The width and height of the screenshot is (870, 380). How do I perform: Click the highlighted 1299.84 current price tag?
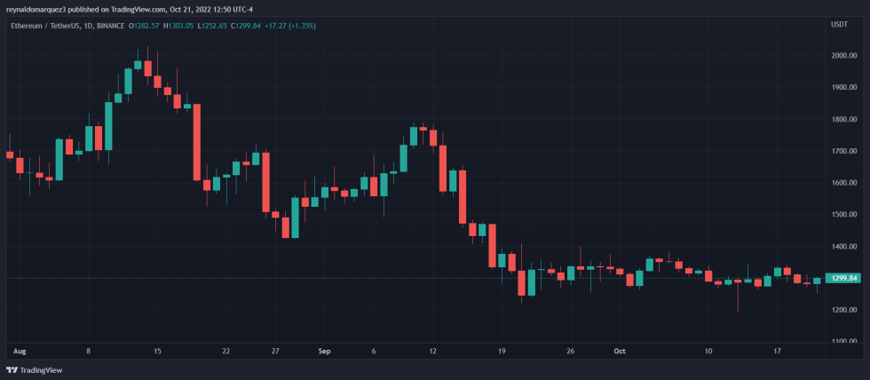click(x=842, y=279)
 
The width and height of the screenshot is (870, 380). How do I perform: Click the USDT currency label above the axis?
click(x=839, y=25)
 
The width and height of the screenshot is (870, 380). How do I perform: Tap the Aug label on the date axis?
click(x=20, y=352)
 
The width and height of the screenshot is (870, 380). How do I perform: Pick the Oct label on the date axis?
click(x=620, y=352)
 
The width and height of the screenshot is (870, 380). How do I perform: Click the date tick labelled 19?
click(x=502, y=352)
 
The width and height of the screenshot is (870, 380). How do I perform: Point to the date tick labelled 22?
click(x=226, y=352)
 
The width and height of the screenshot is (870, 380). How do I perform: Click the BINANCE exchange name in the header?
click(x=109, y=26)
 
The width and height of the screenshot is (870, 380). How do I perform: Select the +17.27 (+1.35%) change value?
click(x=290, y=26)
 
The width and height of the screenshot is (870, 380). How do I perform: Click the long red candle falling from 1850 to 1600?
click(x=196, y=142)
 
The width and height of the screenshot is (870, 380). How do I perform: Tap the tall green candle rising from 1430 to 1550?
click(x=295, y=218)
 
